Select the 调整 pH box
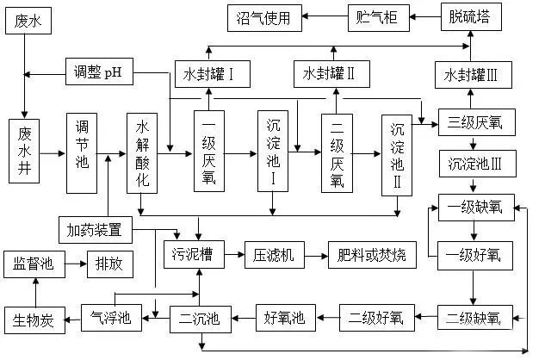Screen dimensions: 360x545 (99, 72)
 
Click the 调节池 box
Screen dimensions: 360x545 (84, 152)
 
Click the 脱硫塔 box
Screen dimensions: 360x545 (470, 16)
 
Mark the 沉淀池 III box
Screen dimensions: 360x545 (470, 163)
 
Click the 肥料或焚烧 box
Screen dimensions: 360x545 (372, 254)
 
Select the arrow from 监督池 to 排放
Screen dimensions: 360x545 (76, 264)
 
